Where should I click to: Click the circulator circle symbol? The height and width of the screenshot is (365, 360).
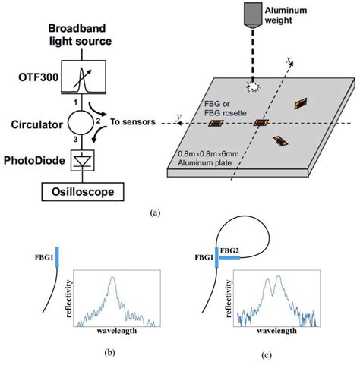(x=77, y=119)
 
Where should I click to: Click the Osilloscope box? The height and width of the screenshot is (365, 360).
(x=77, y=193)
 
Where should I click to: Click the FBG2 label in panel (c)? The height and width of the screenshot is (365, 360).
(x=229, y=248)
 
